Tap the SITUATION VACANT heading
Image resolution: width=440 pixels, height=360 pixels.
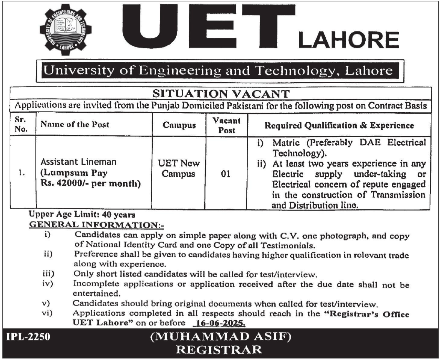pos(221,94)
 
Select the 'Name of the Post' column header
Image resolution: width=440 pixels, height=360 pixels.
pos(75,124)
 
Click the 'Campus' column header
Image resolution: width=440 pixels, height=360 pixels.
pos(179,125)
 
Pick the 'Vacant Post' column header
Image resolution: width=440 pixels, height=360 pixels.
pos(226,125)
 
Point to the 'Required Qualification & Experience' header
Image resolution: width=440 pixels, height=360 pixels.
pos(339,125)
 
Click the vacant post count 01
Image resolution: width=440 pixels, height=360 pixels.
pos(226,174)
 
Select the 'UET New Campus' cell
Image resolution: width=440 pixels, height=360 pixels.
pos(178,168)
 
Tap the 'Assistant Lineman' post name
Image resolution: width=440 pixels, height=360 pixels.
pos(78,162)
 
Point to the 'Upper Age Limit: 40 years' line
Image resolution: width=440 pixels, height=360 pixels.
pos(82,215)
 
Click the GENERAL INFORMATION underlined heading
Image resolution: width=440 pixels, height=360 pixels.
pos(96,225)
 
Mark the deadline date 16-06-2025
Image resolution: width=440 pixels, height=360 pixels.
pos(219,323)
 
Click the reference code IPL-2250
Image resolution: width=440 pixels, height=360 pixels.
pos(28,336)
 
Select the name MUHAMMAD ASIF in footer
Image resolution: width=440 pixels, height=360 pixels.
pos(221,336)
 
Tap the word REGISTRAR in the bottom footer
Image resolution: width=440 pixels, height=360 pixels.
pos(219,350)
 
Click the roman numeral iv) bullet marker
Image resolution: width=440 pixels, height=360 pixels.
pos(48,284)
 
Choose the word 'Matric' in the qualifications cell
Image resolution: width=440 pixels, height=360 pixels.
pos(288,142)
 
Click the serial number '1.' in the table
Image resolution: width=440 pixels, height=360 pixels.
pos(22,173)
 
